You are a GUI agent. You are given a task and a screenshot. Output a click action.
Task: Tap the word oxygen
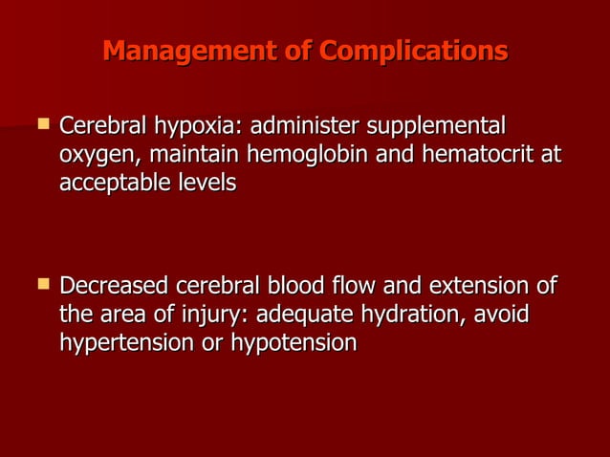[x=97, y=154]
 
